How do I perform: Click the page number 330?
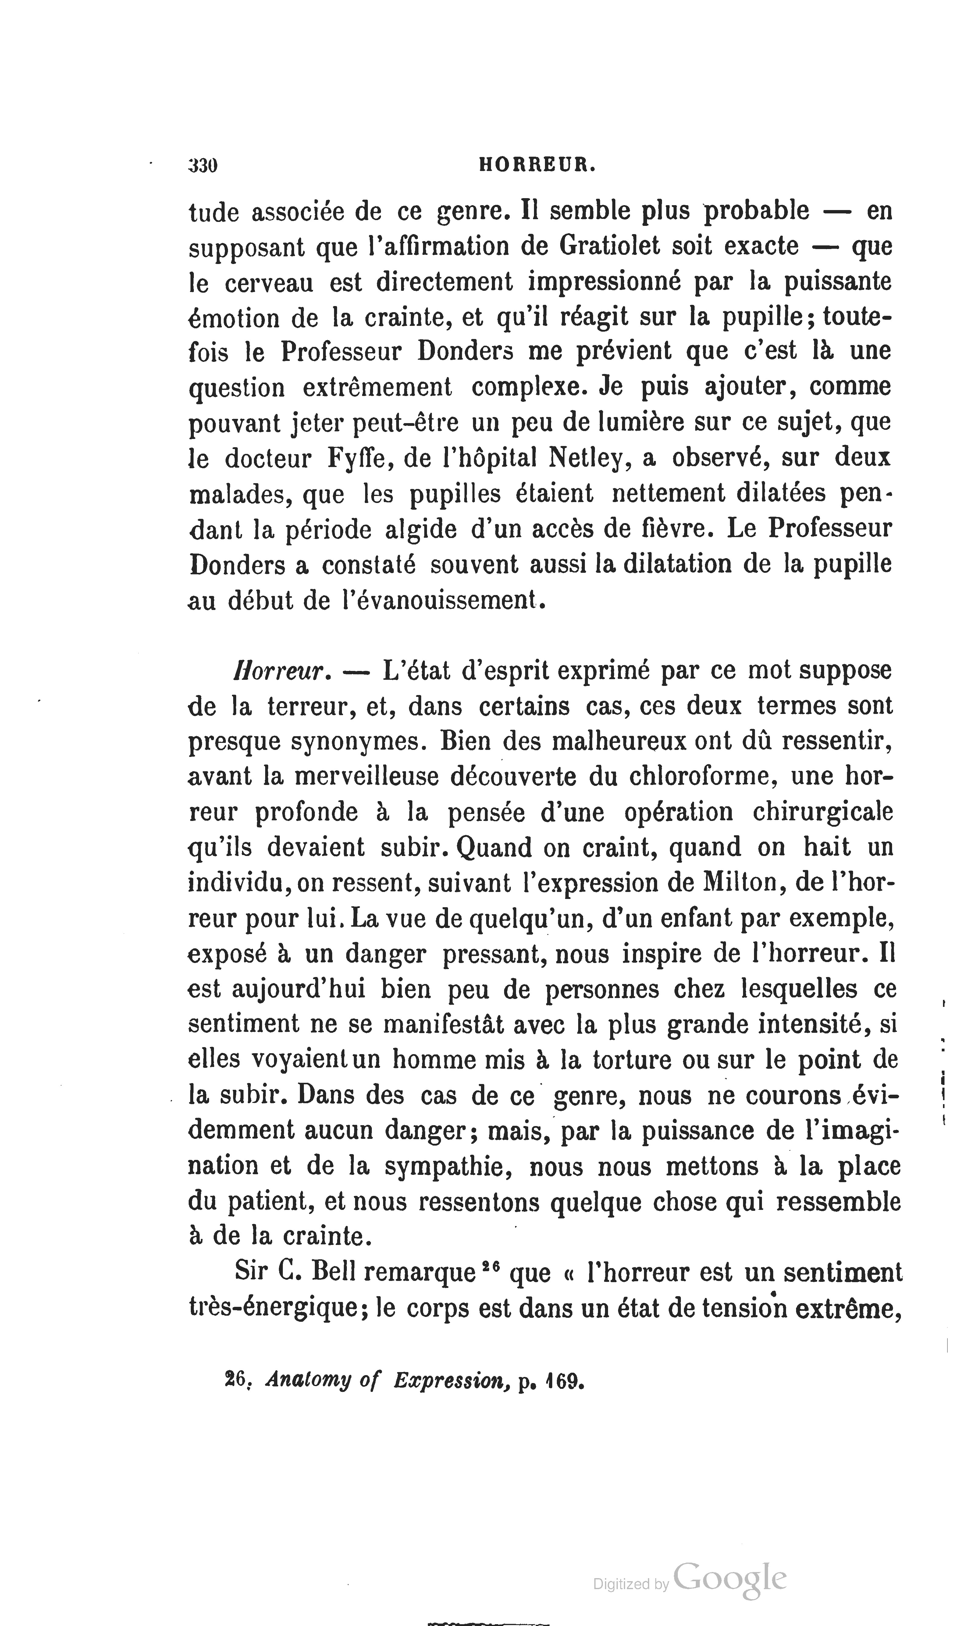click(203, 166)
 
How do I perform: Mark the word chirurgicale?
click(823, 811)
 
